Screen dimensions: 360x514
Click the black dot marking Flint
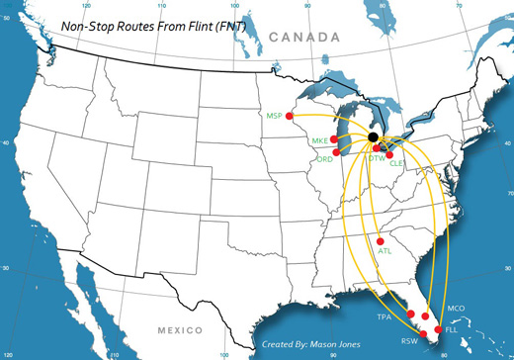[x=374, y=137]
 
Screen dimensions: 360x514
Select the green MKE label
[x=319, y=141]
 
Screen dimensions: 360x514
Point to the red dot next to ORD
[x=337, y=152]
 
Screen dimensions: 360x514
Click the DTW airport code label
[x=377, y=158]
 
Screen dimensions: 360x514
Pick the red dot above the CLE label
[x=389, y=154]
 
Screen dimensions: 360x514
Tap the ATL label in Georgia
[x=385, y=252]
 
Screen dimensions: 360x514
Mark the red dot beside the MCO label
[x=425, y=316]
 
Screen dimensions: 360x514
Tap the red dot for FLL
[x=440, y=327]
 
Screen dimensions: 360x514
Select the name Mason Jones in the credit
[x=338, y=345]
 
